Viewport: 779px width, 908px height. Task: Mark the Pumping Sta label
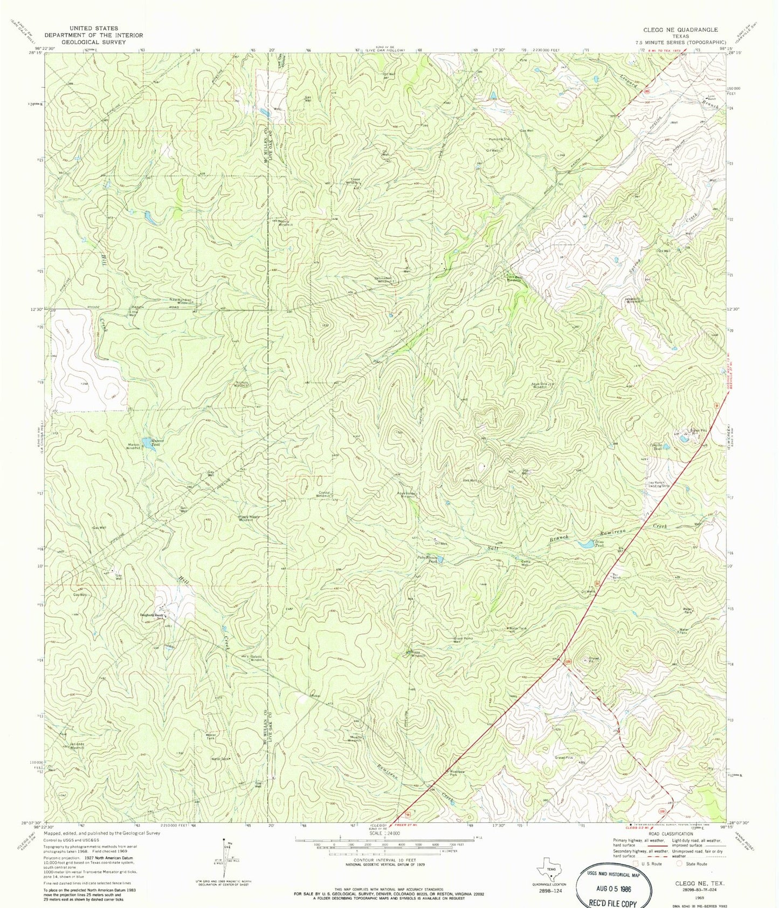click(x=499, y=139)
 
